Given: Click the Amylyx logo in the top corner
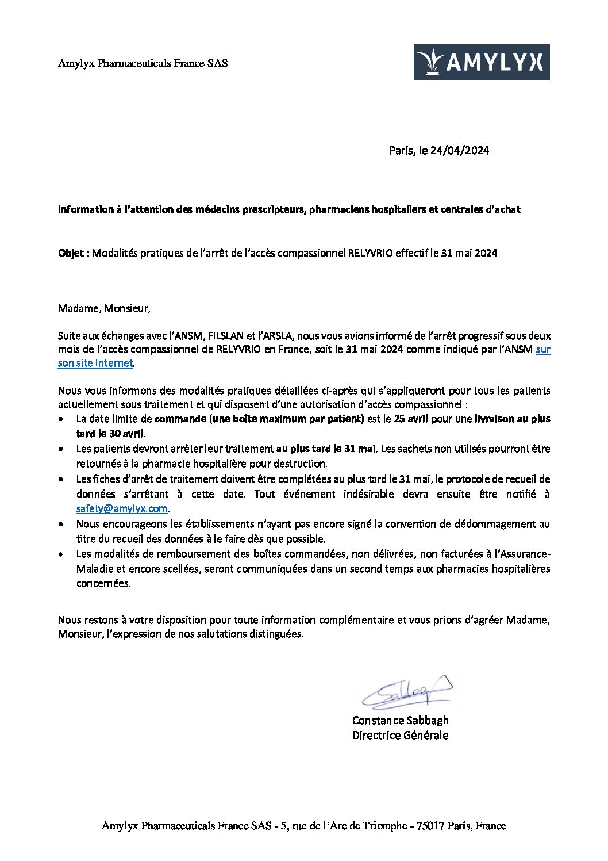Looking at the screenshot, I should [x=482, y=62].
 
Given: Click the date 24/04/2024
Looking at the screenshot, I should [x=460, y=151].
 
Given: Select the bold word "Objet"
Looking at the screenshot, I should [x=72, y=253].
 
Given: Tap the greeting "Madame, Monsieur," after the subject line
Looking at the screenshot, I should [x=104, y=308].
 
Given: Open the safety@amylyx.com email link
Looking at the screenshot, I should [x=122, y=508].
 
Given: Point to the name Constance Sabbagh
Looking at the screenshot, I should [x=400, y=720].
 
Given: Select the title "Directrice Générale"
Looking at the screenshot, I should [x=400, y=735].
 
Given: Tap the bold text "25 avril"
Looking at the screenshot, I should [x=411, y=419].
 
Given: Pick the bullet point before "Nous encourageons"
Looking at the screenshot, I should [x=61, y=525].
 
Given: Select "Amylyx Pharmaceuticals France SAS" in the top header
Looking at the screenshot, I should [x=143, y=63].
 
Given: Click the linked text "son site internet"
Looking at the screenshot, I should [x=95, y=363].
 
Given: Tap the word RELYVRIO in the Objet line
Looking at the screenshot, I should [x=371, y=253].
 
